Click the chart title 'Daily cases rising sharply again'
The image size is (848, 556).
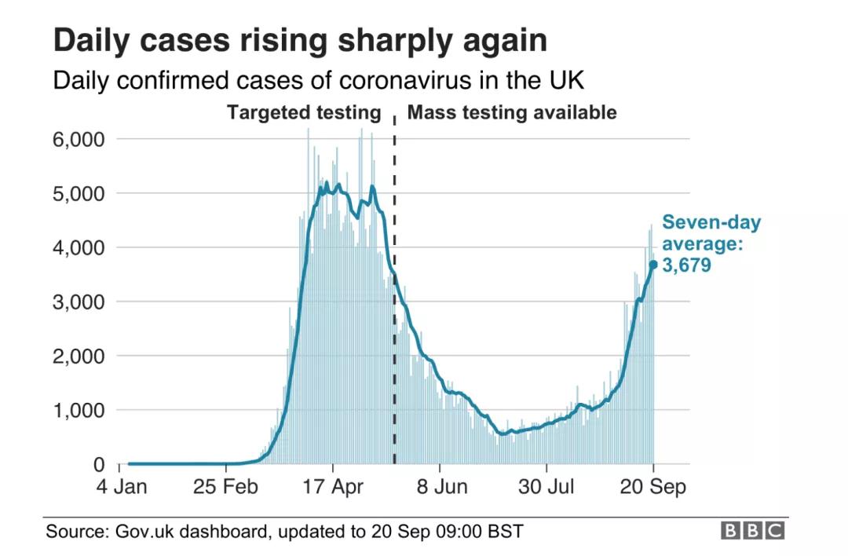300,41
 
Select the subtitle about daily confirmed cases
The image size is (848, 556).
319,81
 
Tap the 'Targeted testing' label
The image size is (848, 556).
303,112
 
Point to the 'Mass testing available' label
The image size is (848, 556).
512,112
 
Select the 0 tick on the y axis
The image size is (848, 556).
98,464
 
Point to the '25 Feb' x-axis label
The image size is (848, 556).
225,487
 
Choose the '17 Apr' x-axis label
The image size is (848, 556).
333,487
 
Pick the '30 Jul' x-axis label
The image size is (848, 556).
547,487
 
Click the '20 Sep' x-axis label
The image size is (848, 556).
653,487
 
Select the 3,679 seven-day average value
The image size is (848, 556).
686,265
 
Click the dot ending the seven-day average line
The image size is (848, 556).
653,265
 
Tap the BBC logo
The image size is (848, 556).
752,532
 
